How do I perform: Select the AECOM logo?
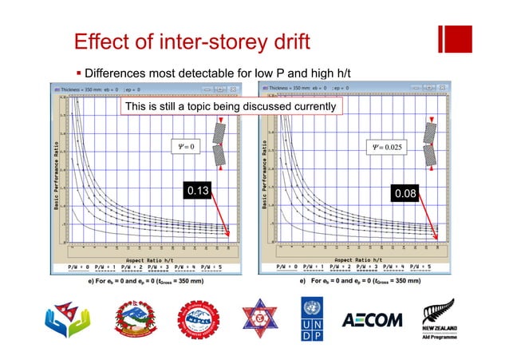[x=373, y=320]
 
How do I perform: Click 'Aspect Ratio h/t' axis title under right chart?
[x=356, y=259]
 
